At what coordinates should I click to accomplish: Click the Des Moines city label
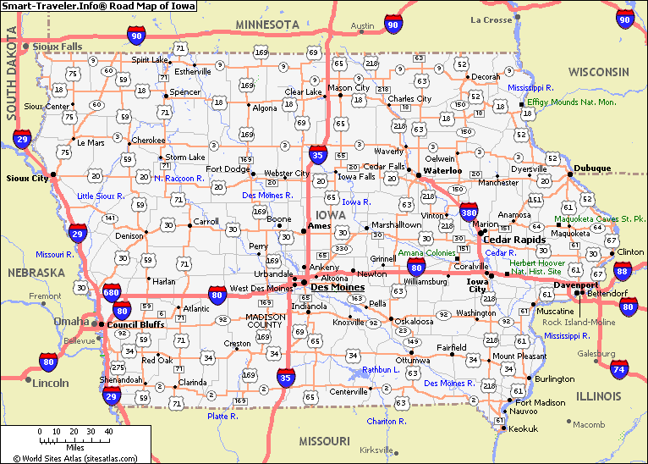point(338,287)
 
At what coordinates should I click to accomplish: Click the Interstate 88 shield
point(623,271)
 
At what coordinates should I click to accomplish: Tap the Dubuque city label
point(591,168)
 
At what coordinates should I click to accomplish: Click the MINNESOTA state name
point(267,24)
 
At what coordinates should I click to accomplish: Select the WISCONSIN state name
point(598,71)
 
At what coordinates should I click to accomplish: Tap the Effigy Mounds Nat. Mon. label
point(571,102)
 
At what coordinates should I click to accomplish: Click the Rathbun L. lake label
point(381,369)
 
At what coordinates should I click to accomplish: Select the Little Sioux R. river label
point(101,196)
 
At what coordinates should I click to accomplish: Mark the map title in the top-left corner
point(98,6)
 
